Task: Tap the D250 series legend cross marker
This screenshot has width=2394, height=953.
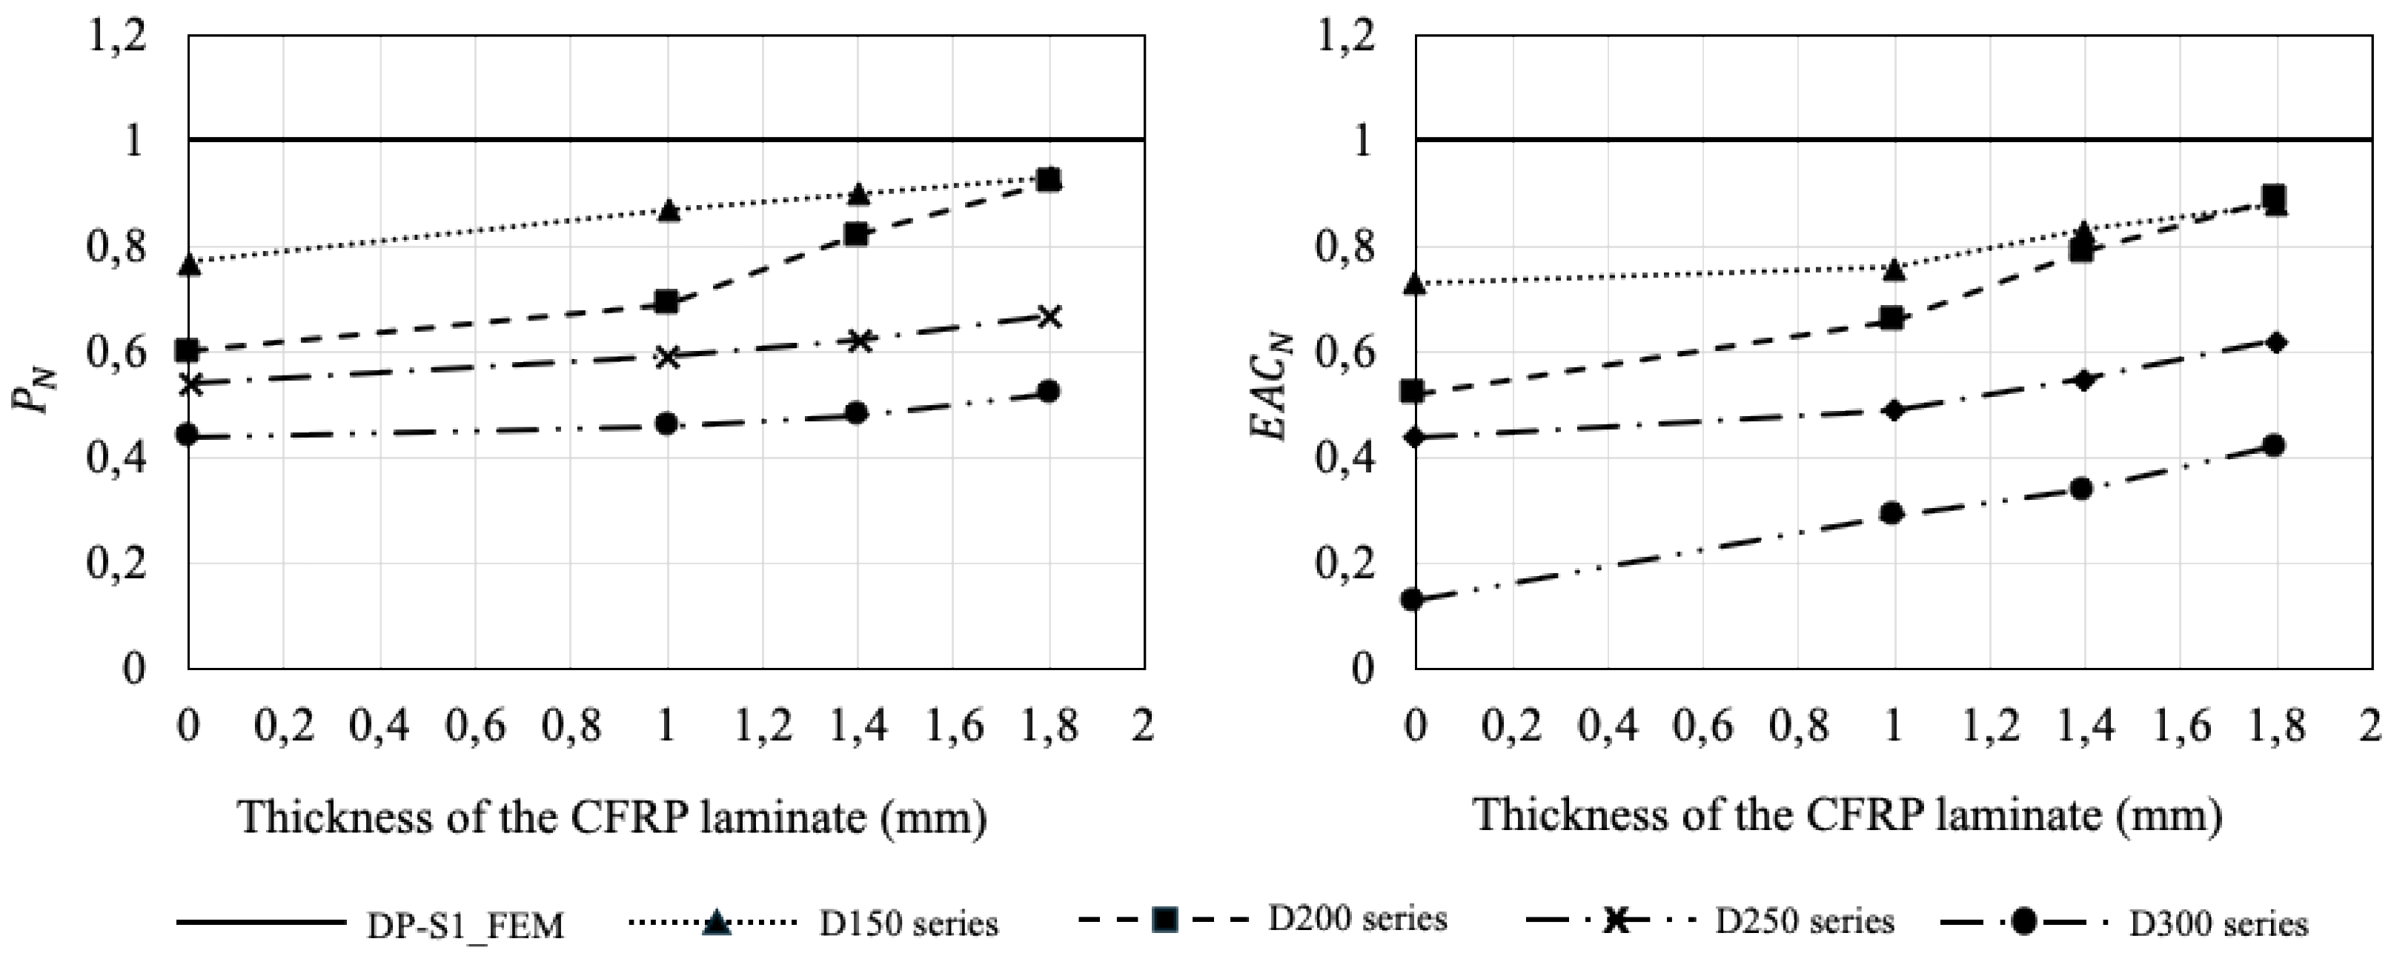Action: (x=1617, y=921)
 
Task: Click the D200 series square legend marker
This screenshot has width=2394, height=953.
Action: (x=1164, y=920)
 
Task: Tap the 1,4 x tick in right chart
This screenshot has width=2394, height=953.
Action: (x=2084, y=724)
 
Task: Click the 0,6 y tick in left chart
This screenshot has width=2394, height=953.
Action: (x=117, y=353)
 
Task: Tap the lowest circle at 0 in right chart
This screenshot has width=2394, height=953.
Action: (x=1413, y=599)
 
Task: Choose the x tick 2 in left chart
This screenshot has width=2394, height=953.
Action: (x=1143, y=724)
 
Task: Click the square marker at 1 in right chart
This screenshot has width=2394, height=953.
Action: (x=1893, y=318)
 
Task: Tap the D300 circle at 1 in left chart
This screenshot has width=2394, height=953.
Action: (x=666, y=424)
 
